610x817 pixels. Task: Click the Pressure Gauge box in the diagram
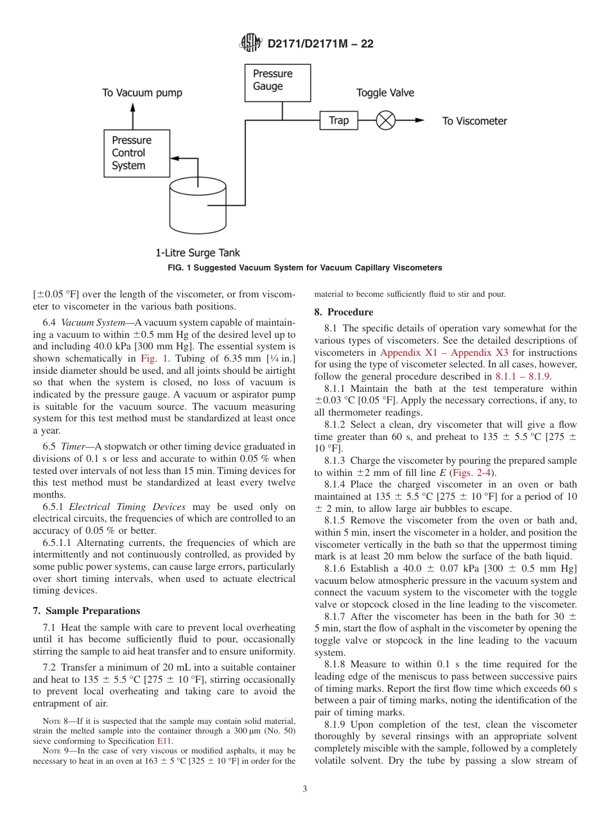click(x=277, y=82)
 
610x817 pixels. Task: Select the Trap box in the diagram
click(x=338, y=121)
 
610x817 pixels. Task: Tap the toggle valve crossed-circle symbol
click(x=385, y=121)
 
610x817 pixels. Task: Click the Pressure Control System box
click(x=137, y=154)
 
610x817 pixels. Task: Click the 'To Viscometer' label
click(x=475, y=121)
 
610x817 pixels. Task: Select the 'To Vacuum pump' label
click(x=142, y=93)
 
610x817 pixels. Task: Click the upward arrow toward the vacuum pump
click(x=133, y=115)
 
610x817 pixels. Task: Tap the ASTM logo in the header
click(x=250, y=43)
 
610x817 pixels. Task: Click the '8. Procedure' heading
click(x=344, y=312)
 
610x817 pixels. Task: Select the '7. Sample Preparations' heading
click(x=86, y=611)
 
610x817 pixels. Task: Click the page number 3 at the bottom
click(x=305, y=789)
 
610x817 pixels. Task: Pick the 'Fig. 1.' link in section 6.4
click(x=155, y=359)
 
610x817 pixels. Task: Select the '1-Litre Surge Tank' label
click(x=198, y=253)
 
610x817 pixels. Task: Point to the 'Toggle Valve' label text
click(x=385, y=93)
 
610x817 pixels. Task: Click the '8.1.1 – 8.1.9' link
click(x=523, y=376)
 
